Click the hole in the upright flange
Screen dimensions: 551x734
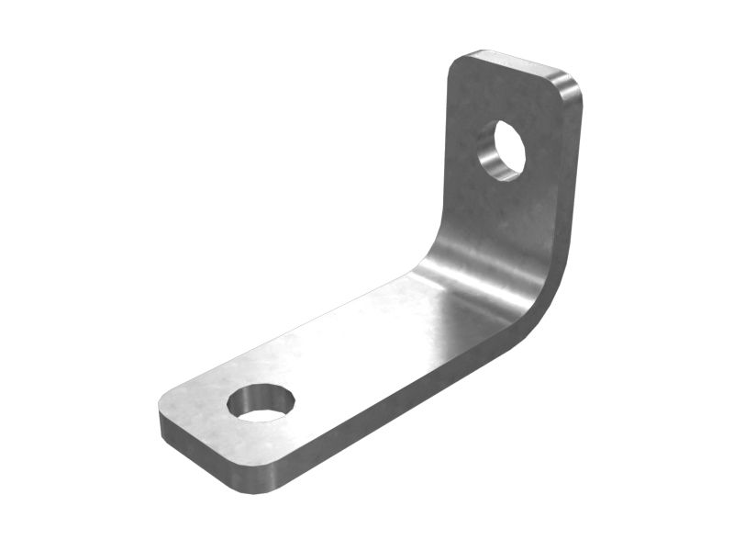click(x=504, y=149)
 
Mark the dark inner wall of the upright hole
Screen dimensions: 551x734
click(x=490, y=152)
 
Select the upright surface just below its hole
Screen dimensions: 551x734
click(x=500, y=211)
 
